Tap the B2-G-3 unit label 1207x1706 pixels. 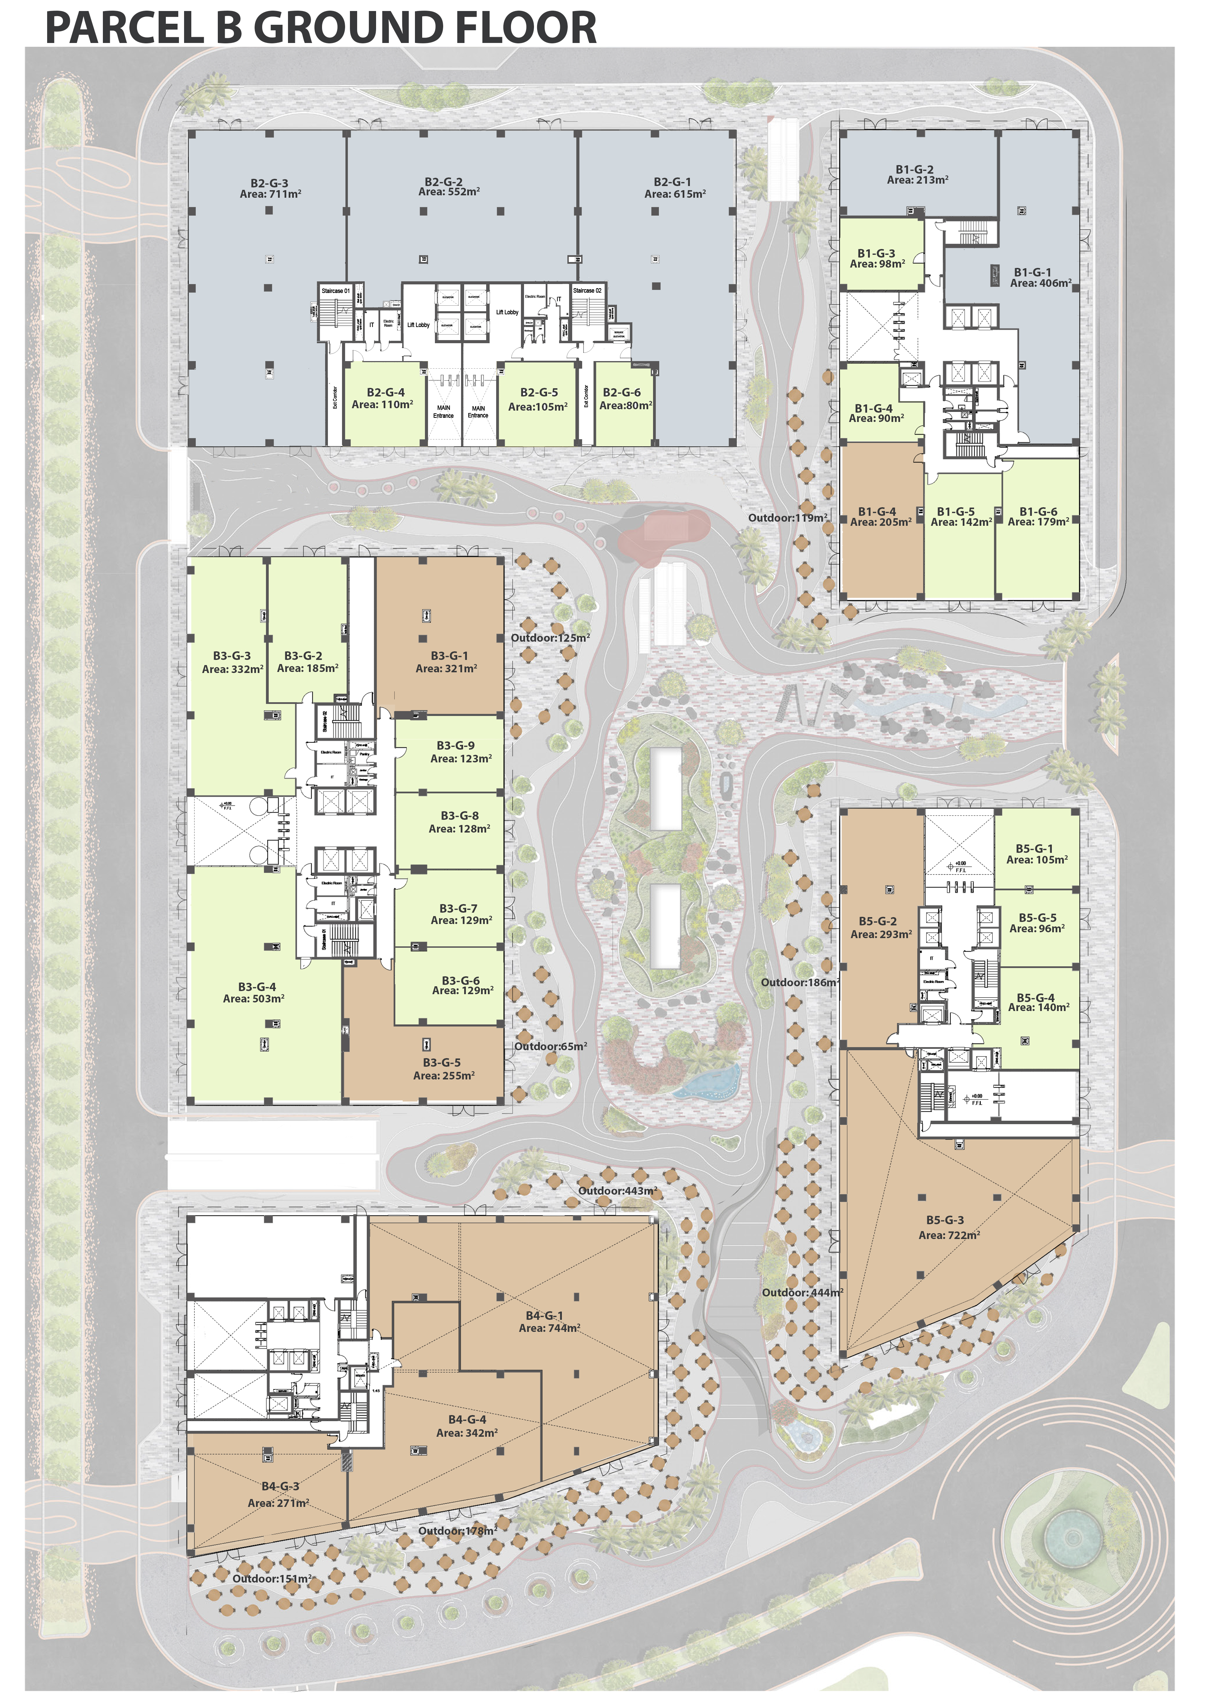point(269,183)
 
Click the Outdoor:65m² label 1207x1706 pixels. point(551,1046)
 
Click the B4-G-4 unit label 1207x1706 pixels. point(467,1419)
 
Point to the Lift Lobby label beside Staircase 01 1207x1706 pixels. point(418,325)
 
